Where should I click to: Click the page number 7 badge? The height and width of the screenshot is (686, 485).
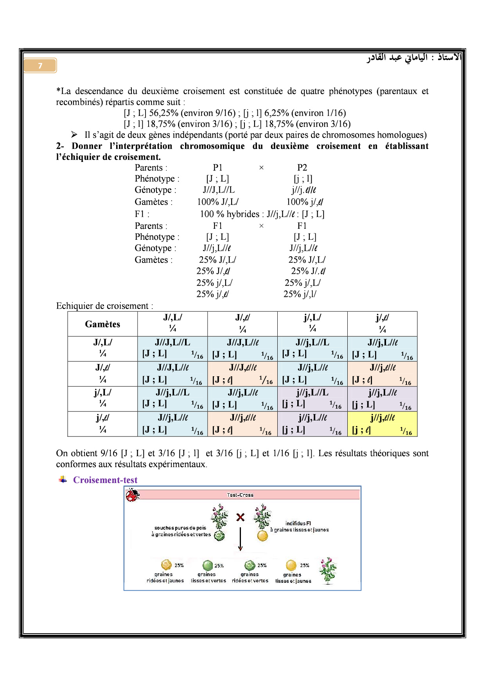pos(40,66)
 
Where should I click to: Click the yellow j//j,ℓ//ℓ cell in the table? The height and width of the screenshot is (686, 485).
pos(382,424)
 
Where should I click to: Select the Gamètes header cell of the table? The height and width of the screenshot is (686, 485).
pos(102,324)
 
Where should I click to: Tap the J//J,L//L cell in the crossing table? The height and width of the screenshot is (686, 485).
pos(172,348)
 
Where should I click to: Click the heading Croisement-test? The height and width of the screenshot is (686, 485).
pos(105,480)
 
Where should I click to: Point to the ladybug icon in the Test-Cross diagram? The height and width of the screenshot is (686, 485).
pos(133,496)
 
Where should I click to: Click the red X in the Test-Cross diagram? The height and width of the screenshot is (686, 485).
pos(240,517)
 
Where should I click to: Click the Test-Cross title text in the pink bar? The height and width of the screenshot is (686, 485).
pos(240,495)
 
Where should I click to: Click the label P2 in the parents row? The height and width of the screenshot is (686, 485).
pos(302,168)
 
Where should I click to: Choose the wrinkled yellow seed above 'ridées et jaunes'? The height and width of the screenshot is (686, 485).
pos(166,564)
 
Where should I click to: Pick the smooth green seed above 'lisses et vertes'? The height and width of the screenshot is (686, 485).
pos(208,565)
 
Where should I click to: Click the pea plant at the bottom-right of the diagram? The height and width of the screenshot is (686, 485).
pos(328,571)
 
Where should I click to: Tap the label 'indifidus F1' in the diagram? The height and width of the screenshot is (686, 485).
pos(298,523)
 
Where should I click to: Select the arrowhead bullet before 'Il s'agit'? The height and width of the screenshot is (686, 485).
pos(74,135)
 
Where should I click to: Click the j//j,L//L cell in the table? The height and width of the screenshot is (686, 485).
pos(312,399)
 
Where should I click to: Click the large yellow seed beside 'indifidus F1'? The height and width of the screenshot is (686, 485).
pos(262,536)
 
